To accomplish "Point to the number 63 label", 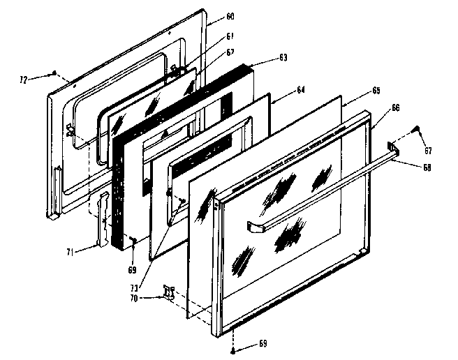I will click(263, 58).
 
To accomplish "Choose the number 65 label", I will click(376, 91).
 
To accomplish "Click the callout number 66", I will click(395, 108).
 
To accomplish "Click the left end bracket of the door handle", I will click(256, 227).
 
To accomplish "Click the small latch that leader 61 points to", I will click(172, 68).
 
